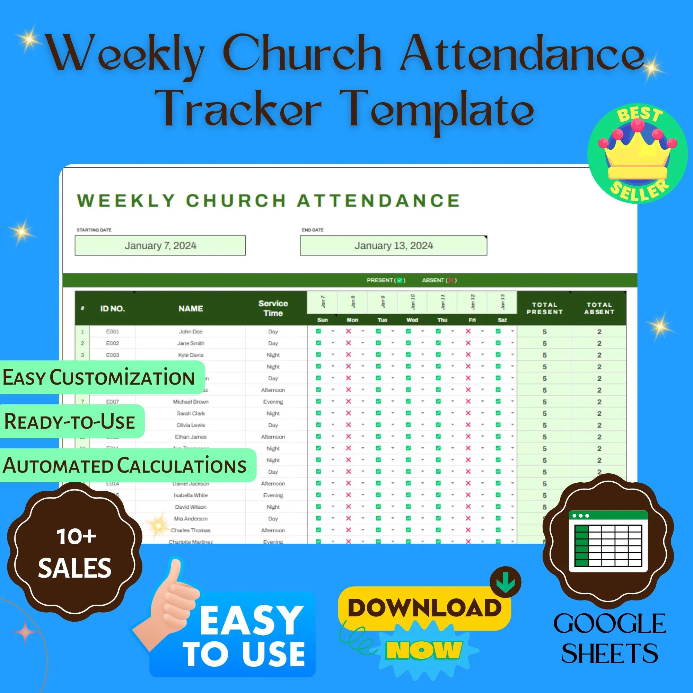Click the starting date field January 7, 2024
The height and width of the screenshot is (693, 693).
click(160, 246)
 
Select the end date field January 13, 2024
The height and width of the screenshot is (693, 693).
click(393, 246)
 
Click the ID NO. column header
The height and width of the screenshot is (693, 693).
click(112, 308)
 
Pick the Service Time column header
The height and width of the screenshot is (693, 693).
click(273, 308)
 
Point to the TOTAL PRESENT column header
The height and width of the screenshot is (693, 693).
click(544, 308)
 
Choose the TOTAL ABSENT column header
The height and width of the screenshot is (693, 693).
click(599, 308)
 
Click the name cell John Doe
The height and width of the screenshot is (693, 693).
click(191, 332)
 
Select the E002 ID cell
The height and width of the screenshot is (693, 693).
click(112, 343)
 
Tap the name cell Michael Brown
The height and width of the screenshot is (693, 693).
click(191, 402)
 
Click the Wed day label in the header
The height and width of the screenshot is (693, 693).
click(412, 320)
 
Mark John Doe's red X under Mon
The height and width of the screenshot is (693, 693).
click(348, 332)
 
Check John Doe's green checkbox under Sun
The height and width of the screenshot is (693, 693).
click(318, 332)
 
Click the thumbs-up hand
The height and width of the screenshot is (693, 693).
click(169, 606)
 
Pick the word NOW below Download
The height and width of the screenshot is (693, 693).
click(424, 650)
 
